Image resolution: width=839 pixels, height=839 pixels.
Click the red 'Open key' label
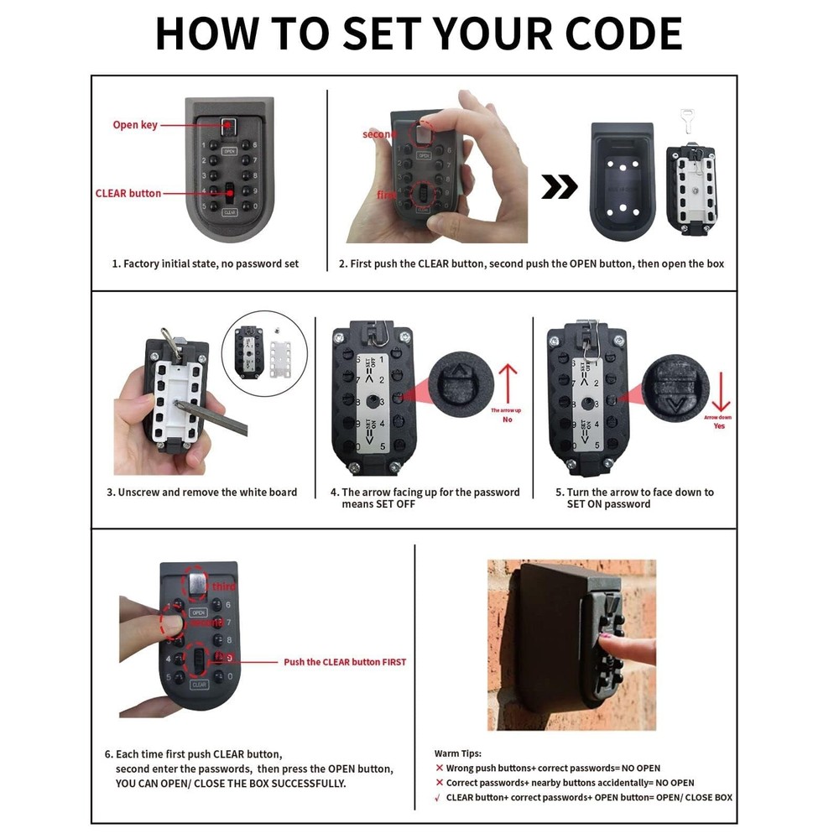(135, 125)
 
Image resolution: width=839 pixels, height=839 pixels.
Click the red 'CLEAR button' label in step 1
(128, 193)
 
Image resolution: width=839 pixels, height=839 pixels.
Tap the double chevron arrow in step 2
(559, 187)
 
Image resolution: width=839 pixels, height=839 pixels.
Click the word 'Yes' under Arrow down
(719, 426)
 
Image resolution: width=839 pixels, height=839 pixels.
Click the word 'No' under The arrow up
(507, 419)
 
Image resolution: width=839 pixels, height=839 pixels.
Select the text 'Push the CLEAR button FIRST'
(344, 662)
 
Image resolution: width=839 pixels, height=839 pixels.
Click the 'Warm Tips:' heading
(458, 753)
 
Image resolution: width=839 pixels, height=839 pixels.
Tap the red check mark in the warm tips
(438, 797)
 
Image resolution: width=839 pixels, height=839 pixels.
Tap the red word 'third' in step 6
(223, 586)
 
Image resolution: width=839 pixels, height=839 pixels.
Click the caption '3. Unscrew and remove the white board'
(201, 492)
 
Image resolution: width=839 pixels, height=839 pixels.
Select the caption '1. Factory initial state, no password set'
(206, 263)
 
